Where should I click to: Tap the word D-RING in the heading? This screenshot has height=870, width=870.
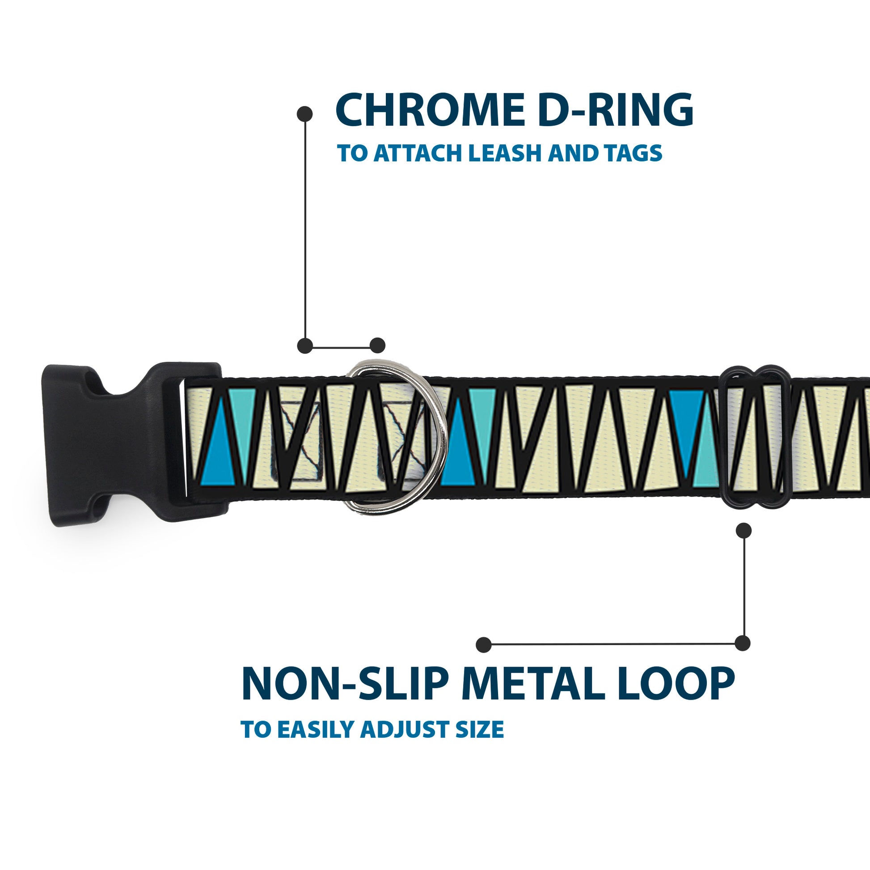point(616,110)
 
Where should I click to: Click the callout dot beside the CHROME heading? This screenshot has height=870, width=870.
point(305,114)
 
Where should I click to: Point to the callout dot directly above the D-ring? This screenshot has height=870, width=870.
point(377,346)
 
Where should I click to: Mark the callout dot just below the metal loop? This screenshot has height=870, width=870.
point(743,531)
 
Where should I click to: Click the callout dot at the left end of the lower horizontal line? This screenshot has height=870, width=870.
point(484,644)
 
